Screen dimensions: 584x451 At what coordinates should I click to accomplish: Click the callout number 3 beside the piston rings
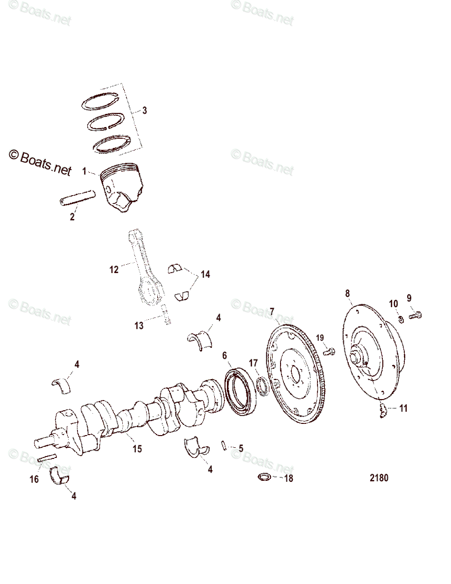tap(145, 110)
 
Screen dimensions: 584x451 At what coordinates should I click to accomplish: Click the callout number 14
tap(205, 274)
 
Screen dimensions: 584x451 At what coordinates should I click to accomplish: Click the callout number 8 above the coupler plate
tap(347, 293)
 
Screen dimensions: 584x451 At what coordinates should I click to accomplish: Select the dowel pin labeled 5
tap(224, 445)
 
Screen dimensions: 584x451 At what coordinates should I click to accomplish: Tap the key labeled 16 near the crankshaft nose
tap(48, 458)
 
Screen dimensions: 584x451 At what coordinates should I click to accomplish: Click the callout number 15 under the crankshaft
tap(137, 449)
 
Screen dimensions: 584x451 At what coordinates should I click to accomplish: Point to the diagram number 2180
tap(378, 477)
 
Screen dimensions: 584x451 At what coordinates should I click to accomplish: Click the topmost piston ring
tap(100, 99)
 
